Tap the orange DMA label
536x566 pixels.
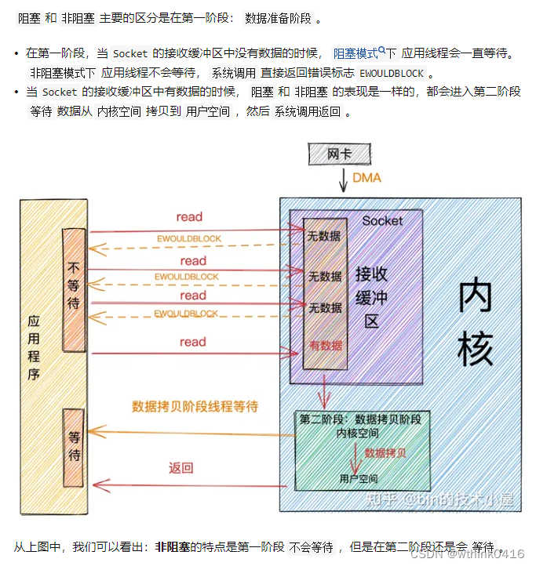(366, 178)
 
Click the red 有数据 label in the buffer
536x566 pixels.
(325, 345)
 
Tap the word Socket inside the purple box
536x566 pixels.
(382, 221)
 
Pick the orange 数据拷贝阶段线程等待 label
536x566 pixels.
(195, 407)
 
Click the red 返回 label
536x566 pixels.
(181, 469)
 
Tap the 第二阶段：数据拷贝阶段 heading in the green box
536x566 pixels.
(360, 419)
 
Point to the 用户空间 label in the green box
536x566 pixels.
(359, 478)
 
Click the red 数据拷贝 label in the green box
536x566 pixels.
(385, 453)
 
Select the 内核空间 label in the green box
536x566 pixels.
(359, 433)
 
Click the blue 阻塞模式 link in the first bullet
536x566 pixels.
(356, 53)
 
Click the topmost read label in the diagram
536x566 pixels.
(189, 216)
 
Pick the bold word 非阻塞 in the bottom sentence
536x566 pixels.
(173, 546)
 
